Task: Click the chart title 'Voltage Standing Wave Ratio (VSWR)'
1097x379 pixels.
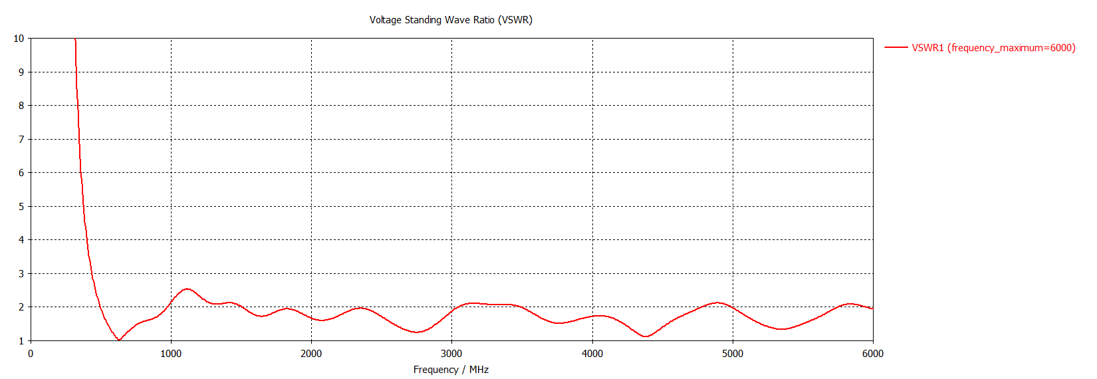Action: (451, 20)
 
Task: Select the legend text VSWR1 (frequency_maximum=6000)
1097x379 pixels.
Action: (993, 48)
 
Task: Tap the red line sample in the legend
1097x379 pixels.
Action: (896, 48)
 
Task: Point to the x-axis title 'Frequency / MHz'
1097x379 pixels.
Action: (451, 370)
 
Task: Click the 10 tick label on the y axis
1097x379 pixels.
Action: (19, 39)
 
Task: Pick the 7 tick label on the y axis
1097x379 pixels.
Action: (21, 139)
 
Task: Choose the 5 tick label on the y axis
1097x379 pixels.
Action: (21, 206)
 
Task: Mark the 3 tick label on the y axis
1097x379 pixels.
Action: (21, 273)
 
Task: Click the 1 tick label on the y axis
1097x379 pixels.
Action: (21, 340)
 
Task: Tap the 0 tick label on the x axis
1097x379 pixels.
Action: (31, 354)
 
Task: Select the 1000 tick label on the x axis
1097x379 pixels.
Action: (171, 354)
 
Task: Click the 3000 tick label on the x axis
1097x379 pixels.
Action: (451, 354)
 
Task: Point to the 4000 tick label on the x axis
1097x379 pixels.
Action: (592, 354)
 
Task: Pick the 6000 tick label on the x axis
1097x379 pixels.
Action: (873, 354)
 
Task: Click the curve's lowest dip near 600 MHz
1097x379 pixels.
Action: (119, 340)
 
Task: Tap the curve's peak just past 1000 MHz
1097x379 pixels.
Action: (187, 289)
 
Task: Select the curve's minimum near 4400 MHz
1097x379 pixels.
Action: (645, 336)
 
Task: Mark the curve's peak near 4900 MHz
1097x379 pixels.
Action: (718, 303)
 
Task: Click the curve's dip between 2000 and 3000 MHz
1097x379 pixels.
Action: (417, 332)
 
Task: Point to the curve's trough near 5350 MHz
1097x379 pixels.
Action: (783, 329)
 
